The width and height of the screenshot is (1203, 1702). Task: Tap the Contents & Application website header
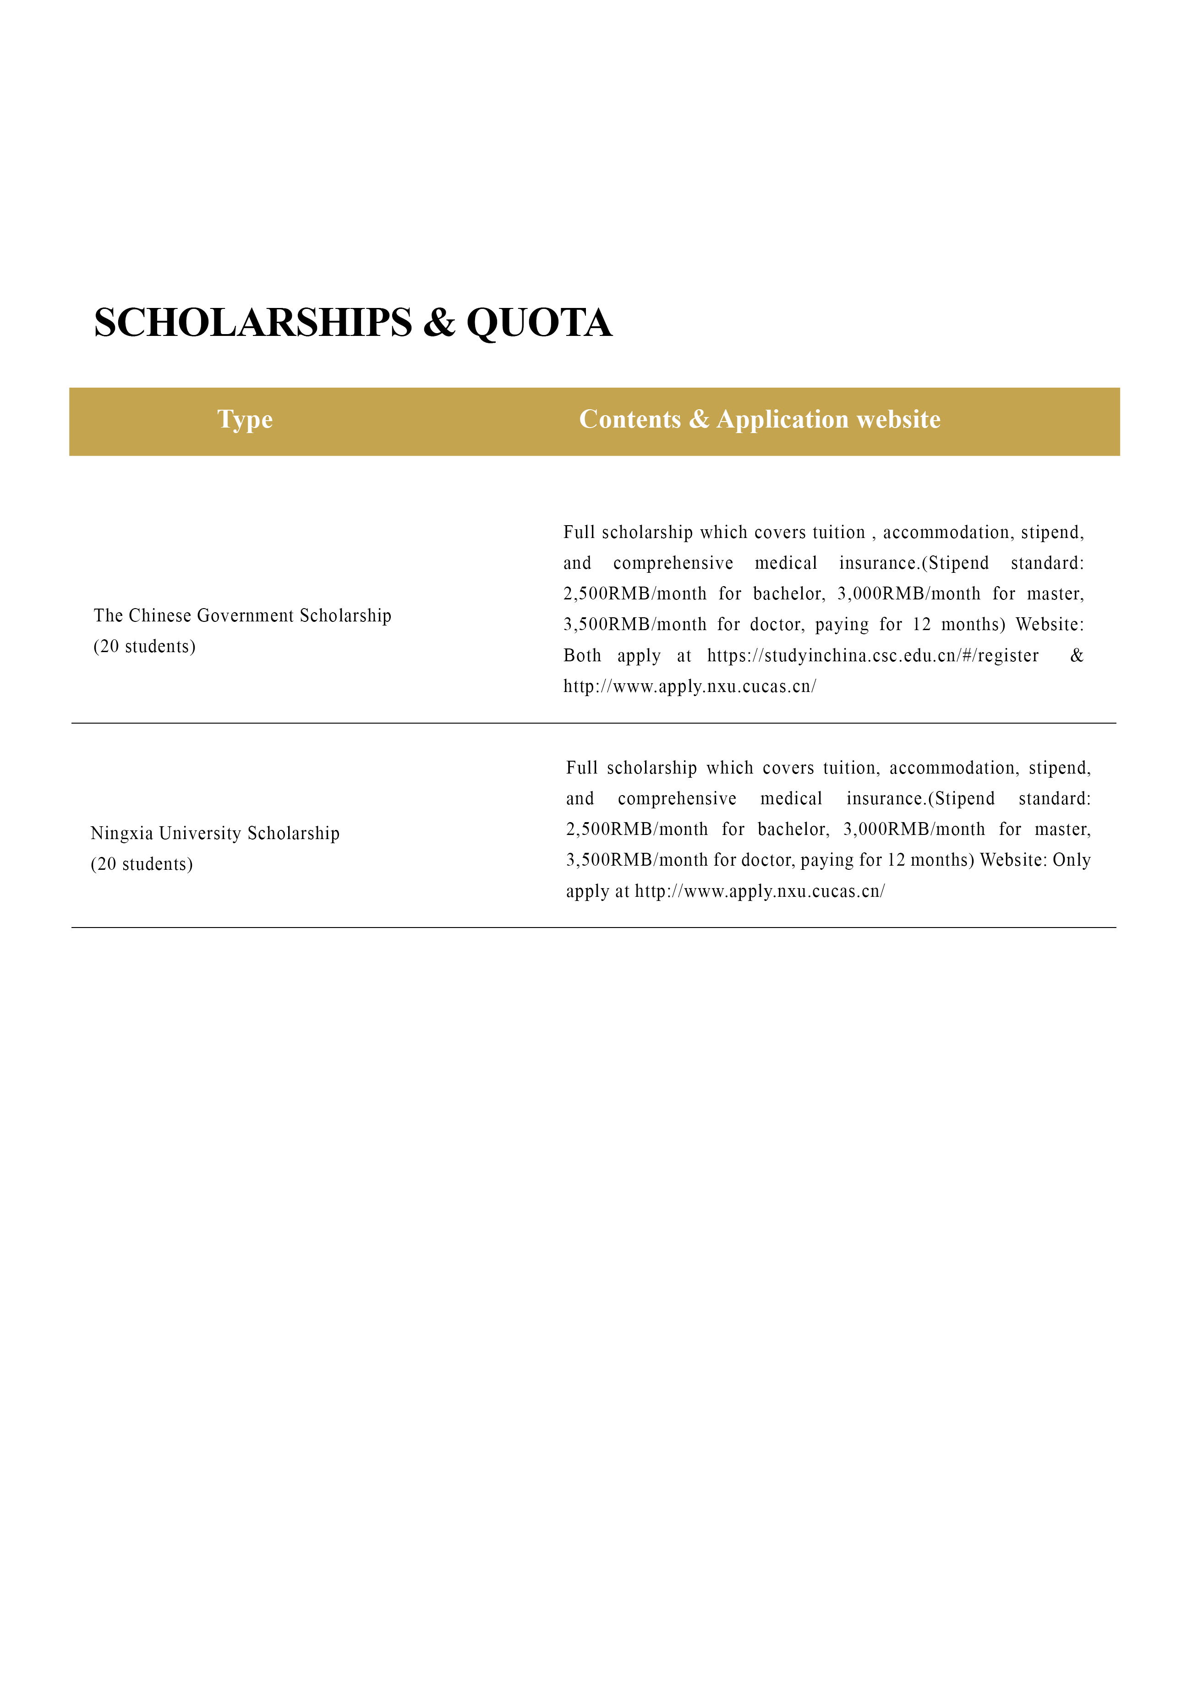[759, 420]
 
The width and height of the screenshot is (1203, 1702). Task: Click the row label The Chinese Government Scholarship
[242, 616]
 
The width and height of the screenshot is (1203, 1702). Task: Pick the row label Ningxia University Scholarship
[215, 834]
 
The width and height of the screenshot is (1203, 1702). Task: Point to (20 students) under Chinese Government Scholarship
[145, 647]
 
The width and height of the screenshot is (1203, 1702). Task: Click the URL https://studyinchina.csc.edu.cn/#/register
[872, 656]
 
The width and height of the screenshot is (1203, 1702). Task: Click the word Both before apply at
[582, 656]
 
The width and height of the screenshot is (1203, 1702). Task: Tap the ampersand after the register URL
[1076, 656]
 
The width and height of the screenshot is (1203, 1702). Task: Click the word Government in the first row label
[246, 616]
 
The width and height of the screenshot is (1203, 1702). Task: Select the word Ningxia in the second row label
[121, 834]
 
